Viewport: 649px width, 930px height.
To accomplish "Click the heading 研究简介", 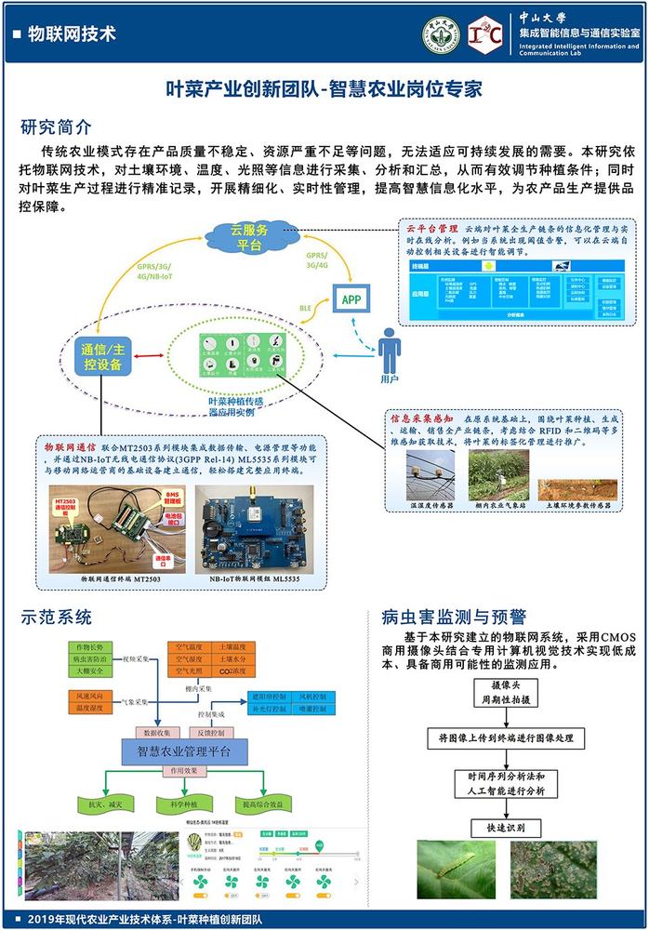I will click(56, 126).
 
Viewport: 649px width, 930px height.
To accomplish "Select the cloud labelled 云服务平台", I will click(246, 237).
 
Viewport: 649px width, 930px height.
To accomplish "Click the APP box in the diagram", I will click(351, 299).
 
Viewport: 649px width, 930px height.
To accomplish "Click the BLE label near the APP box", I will click(305, 306).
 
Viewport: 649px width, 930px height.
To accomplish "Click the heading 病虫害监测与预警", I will click(453, 616).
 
